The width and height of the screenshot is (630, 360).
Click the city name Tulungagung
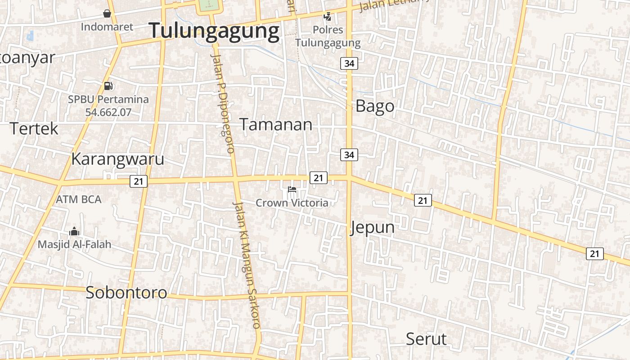[x=214, y=31]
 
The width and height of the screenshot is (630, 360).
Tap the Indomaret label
[x=107, y=27]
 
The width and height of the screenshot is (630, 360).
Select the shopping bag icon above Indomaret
[x=107, y=13]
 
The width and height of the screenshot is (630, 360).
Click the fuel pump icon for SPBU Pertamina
[x=108, y=85]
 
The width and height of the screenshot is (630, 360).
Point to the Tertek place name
[x=34, y=129]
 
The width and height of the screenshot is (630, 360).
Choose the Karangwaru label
[x=117, y=159]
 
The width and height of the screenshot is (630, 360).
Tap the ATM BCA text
[x=79, y=199]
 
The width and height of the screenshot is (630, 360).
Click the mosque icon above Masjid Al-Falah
[x=74, y=232]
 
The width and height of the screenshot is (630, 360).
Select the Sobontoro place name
[x=126, y=292]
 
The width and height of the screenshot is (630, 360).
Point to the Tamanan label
[x=275, y=124]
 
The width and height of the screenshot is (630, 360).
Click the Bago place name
[x=375, y=106]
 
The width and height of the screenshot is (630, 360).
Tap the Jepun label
[x=372, y=227]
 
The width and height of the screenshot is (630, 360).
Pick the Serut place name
[x=426, y=339]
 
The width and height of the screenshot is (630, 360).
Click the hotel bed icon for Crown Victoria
[x=292, y=189]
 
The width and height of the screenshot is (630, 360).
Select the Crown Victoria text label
[x=292, y=203]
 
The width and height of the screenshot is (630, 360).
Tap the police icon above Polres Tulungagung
[x=328, y=17]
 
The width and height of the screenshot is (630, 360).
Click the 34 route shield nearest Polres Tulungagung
[x=349, y=63]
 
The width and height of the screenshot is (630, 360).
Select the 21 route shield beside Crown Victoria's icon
[x=318, y=178]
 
